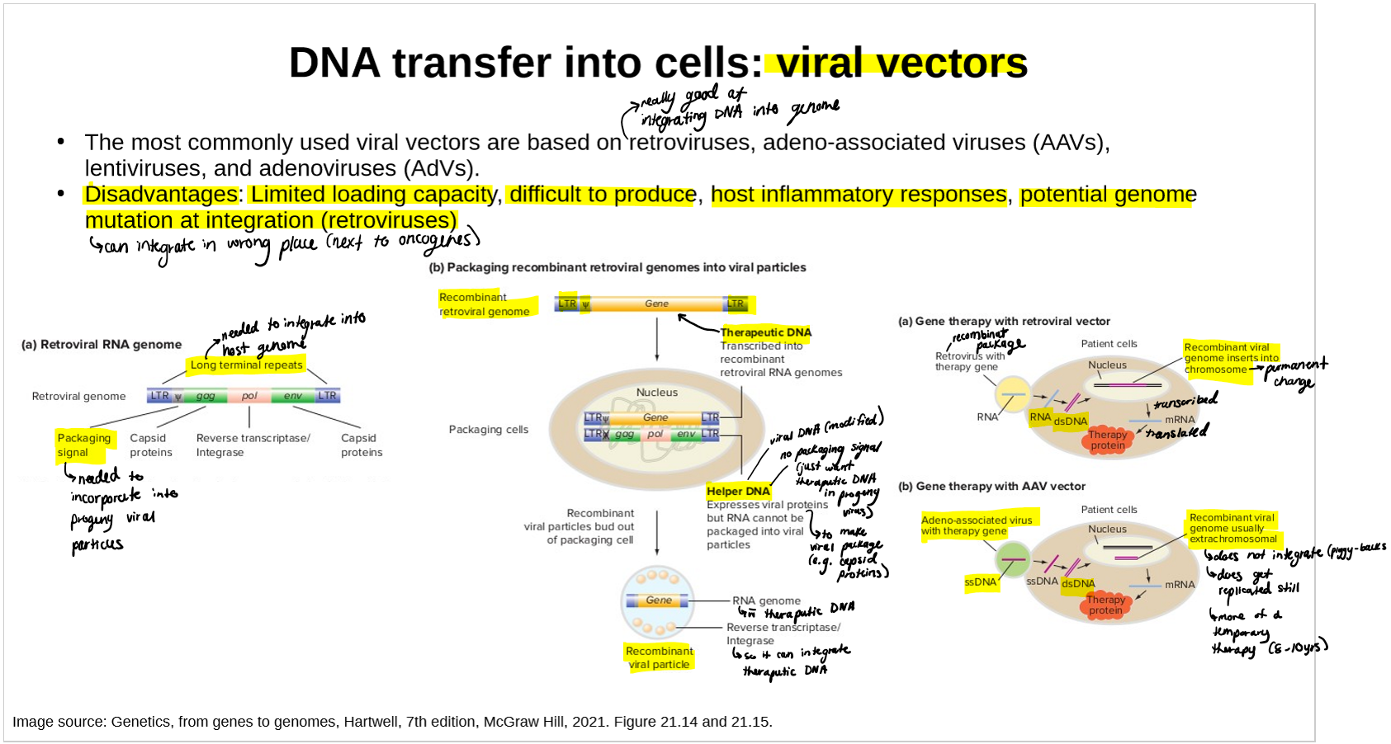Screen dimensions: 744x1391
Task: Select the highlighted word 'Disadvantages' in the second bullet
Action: click(x=161, y=195)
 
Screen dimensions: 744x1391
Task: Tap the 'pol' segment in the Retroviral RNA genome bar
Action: click(x=249, y=396)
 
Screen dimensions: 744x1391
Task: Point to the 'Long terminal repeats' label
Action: click(x=247, y=365)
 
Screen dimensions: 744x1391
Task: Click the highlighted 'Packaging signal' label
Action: click(x=83, y=445)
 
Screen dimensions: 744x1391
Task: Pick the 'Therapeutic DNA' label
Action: click(x=765, y=332)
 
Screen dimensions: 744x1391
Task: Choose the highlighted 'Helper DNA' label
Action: click(x=738, y=491)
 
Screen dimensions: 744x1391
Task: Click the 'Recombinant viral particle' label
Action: click(x=659, y=657)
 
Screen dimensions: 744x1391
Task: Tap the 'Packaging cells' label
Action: click(x=488, y=429)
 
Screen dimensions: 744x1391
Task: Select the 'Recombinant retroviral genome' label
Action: click(x=485, y=304)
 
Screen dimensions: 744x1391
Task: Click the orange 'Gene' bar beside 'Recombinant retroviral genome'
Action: click(x=657, y=304)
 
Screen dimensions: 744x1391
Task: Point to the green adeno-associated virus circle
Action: click(x=1012, y=559)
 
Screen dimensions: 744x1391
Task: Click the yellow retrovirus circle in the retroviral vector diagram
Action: click(x=1012, y=393)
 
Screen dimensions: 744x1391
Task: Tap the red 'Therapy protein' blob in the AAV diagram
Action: click(x=1105, y=605)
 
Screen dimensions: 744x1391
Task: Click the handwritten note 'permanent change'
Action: click(x=1295, y=373)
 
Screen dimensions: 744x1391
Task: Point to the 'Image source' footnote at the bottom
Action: click(x=392, y=722)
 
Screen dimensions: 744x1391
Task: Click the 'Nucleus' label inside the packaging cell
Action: click(x=657, y=393)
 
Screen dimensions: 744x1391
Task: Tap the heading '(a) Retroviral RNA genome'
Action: click(x=102, y=345)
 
